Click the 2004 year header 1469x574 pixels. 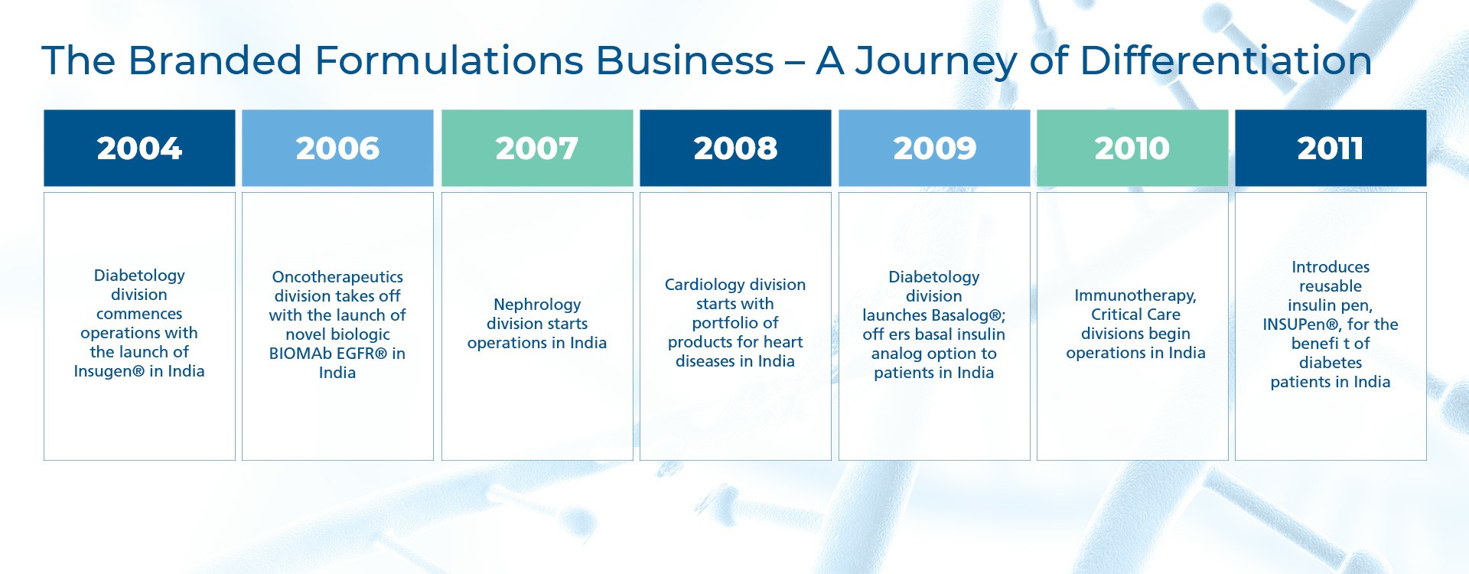coord(139,148)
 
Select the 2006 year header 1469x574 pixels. coord(337,148)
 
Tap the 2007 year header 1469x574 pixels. coord(537,148)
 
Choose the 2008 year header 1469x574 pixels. coord(735,148)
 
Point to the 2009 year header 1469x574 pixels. coord(934,148)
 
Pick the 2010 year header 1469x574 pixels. coord(1132,148)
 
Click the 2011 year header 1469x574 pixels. coord(1331,148)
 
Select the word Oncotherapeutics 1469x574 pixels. coord(337,277)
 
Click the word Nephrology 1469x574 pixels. coord(537,305)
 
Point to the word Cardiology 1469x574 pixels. coord(702,285)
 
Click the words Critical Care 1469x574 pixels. coord(1135,315)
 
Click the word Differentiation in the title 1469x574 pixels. coord(1226,60)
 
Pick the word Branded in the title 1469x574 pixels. coord(215,60)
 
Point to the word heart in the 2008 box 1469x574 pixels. coord(783,342)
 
